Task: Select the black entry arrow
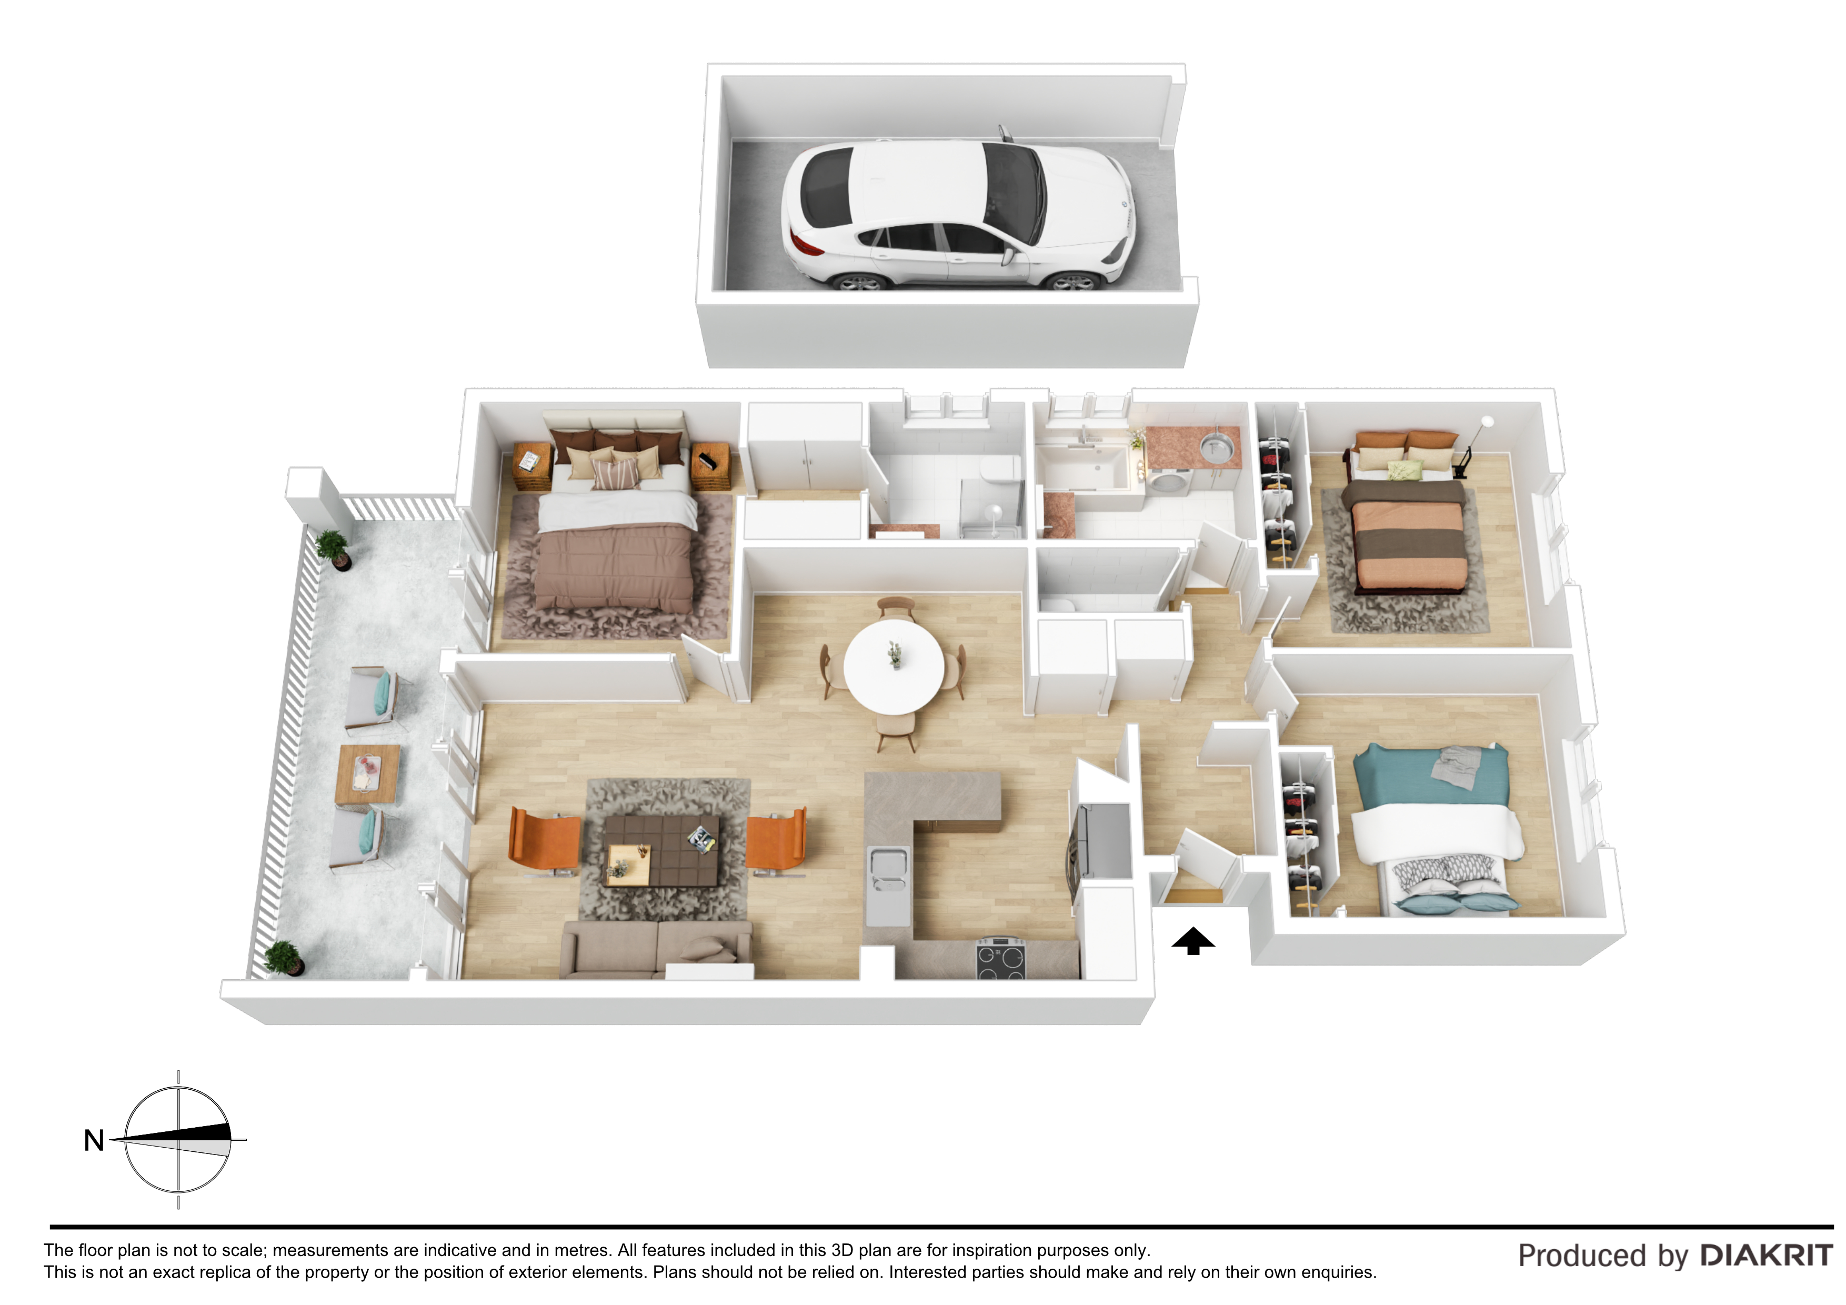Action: (x=1192, y=941)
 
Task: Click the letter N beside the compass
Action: (x=94, y=1140)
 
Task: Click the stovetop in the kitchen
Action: (x=1001, y=959)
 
